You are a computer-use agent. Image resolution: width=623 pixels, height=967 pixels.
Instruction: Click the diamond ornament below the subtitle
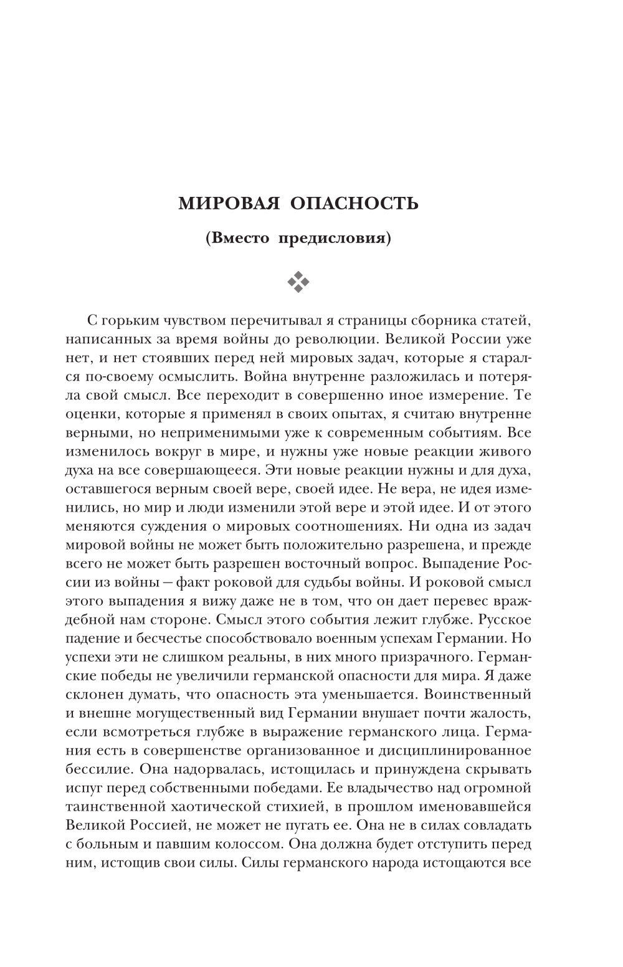point(298,282)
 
